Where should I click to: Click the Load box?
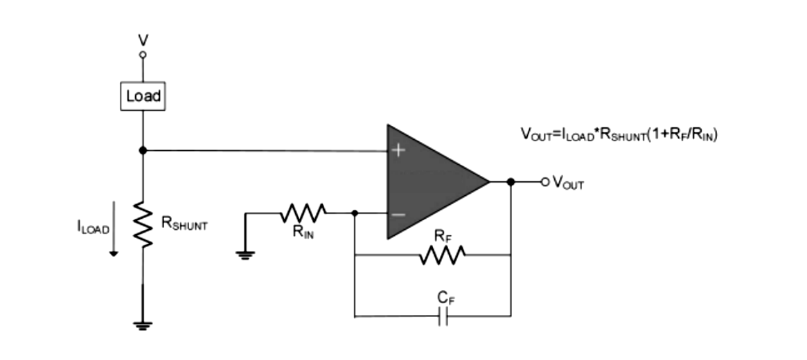(143, 96)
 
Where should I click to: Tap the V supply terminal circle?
(143, 54)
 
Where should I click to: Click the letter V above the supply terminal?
(143, 40)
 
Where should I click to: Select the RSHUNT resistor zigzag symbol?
(143, 224)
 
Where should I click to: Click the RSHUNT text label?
(184, 224)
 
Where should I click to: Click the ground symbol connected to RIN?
(245, 254)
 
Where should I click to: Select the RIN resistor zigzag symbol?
(303, 213)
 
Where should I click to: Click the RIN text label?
(302, 233)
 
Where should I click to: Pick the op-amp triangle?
(429, 182)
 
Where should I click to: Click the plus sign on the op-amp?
(398, 150)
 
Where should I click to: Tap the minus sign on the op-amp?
(398, 215)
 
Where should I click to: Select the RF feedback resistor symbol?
(442, 255)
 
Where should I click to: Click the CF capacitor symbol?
(444, 318)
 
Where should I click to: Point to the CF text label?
(445, 298)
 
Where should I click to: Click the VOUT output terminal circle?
(544, 182)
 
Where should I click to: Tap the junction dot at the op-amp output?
(511, 182)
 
